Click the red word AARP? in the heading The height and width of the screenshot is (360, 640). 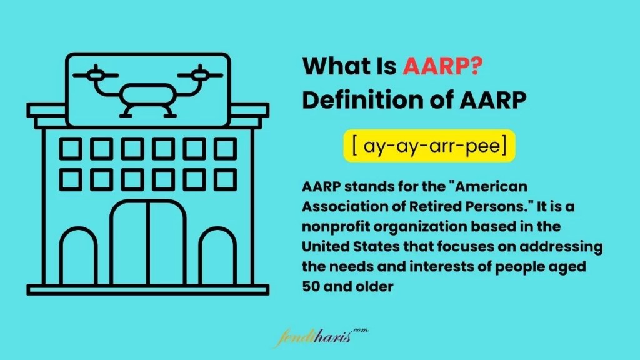coord(442,66)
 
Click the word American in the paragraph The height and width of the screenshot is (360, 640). coord(491,187)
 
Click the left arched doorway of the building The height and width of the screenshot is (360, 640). coord(79,257)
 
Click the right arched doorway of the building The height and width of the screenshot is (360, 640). coord(217,257)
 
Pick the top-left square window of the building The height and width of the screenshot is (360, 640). coord(70,149)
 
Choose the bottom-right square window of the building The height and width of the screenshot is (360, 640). coord(226,180)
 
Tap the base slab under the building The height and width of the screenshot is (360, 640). coord(148,289)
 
